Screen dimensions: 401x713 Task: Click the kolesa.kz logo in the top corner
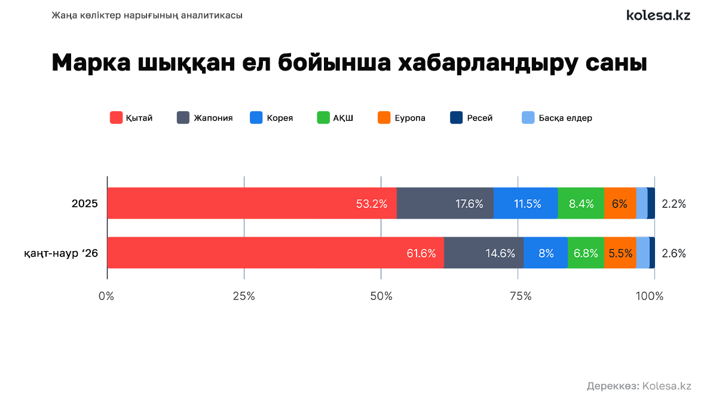(x=658, y=16)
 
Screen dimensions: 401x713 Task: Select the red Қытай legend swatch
(x=116, y=118)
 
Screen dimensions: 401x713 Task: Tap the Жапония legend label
(x=213, y=118)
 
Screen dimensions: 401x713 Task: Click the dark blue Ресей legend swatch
(x=456, y=118)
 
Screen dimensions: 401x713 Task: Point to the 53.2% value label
(x=371, y=204)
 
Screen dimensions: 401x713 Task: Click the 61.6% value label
(x=421, y=253)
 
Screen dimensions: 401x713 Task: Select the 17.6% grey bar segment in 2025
(x=445, y=204)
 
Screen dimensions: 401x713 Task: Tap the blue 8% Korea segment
(x=546, y=253)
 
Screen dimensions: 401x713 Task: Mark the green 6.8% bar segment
(x=586, y=253)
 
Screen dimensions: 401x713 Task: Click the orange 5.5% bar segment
(x=620, y=253)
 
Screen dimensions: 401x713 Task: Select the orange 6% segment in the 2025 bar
(x=620, y=204)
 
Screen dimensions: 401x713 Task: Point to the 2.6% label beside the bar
(x=674, y=253)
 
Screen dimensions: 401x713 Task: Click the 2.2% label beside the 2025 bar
(x=674, y=204)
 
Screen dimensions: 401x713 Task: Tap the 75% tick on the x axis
(x=518, y=296)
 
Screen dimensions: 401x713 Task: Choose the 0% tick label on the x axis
(x=106, y=296)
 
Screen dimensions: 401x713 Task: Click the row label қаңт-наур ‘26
(x=61, y=253)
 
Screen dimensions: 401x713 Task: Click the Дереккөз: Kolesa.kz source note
(x=639, y=386)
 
